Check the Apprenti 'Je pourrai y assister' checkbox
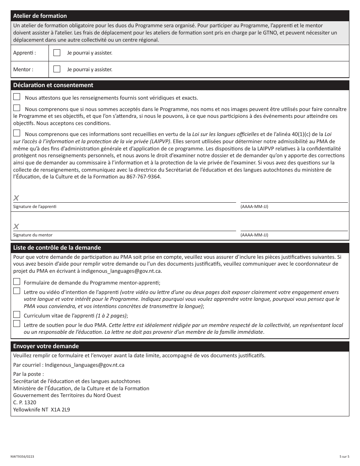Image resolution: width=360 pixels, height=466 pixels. (x=57, y=53)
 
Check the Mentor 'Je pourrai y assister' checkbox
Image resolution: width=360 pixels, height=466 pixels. (x=57, y=69)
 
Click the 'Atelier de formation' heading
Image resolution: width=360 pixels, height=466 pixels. (x=40, y=16)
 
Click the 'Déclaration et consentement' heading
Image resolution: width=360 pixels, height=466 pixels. (x=53, y=85)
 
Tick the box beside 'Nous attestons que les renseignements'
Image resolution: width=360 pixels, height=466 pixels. (x=17, y=97)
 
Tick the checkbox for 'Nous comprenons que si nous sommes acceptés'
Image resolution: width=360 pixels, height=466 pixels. (x=17, y=108)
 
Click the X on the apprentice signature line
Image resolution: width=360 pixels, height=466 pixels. (x=16, y=198)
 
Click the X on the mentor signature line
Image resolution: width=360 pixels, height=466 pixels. (x=16, y=227)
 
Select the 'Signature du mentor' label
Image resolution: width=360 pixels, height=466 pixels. (x=33, y=235)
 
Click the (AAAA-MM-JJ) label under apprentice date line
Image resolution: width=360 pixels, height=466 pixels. (x=254, y=206)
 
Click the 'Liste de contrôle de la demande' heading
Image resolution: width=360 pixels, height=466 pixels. (x=57, y=248)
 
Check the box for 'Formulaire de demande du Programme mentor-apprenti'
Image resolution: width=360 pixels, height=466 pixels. (x=17, y=282)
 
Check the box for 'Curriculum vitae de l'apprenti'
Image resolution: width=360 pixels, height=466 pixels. (x=17, y=314)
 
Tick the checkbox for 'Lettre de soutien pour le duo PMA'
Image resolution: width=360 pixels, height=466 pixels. (x=17, y=324)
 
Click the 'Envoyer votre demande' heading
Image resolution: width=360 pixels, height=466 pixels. (x=46, y=346)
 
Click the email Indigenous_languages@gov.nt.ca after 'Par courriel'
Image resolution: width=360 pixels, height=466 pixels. (x=85, y=365)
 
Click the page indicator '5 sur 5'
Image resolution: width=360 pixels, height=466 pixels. (x=344, y=457)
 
